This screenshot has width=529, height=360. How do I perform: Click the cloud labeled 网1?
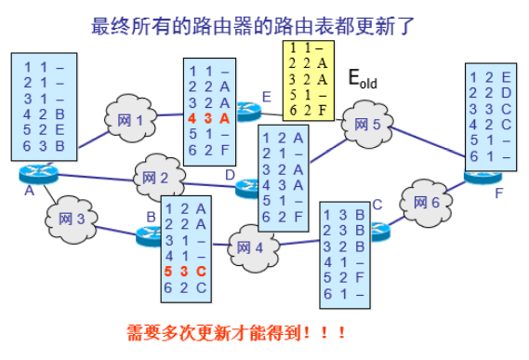tap(131, 119)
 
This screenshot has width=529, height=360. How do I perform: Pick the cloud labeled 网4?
tap(245, 247)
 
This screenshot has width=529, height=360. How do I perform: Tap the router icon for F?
tap(483, 173)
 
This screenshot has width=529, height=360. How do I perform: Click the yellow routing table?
tap(307, 81)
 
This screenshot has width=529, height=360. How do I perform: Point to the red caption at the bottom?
tap(240, 331)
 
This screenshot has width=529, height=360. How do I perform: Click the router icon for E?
tap(248, 109)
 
